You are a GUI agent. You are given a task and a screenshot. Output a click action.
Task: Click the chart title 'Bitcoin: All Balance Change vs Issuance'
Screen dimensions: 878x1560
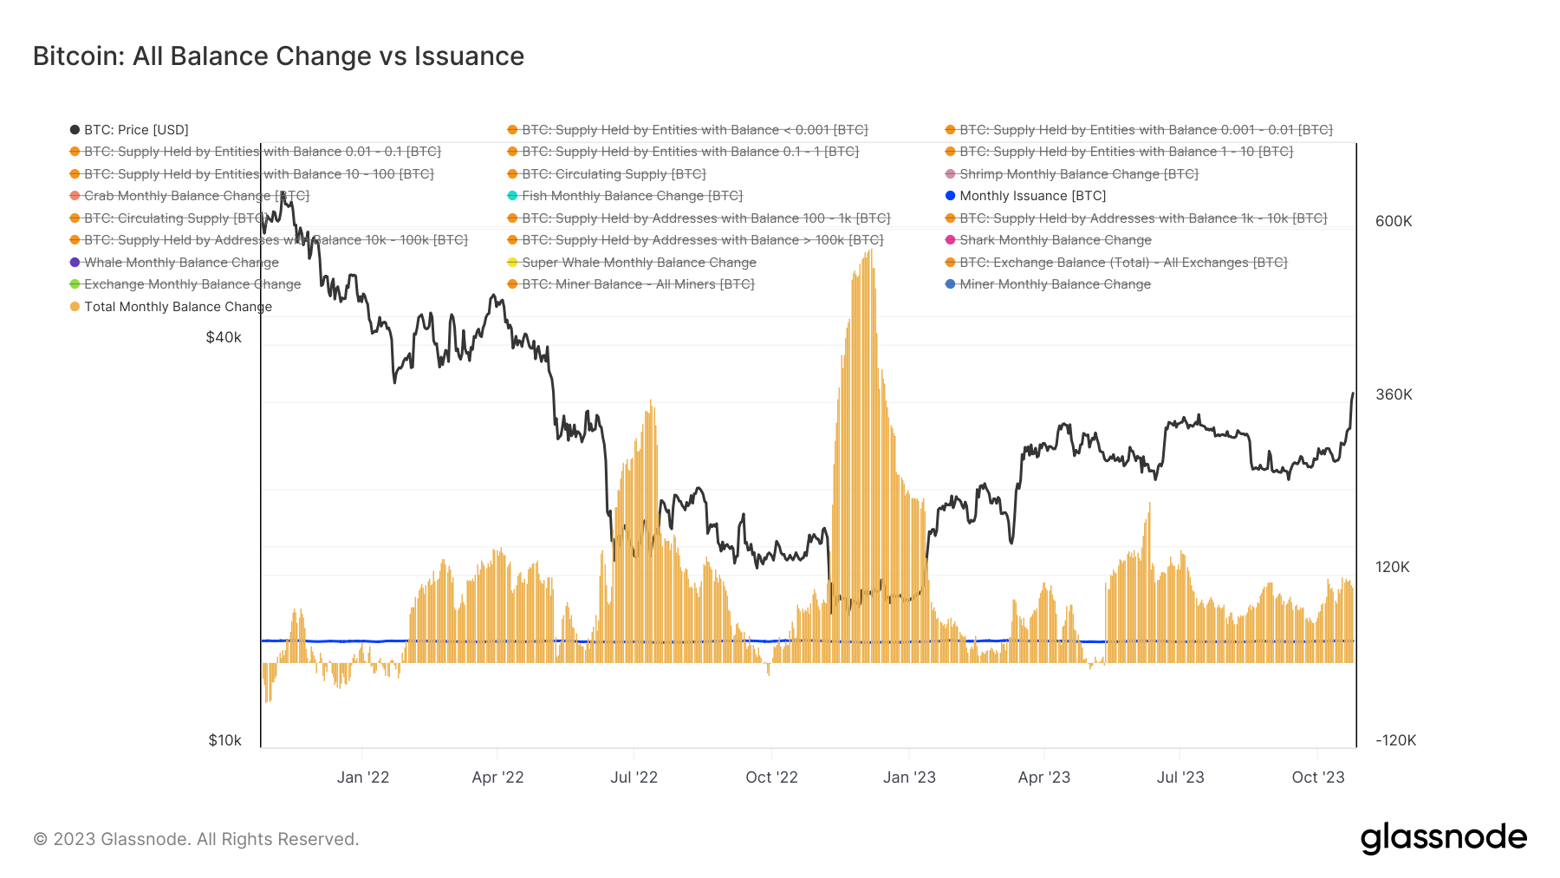pos(278,56)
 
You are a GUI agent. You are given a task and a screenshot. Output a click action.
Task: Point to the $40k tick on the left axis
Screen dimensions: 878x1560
pos(224,337)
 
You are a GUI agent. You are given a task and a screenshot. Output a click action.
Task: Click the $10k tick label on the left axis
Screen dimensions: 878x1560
pos(224,740)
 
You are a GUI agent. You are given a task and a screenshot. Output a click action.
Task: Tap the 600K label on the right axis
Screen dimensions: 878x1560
pos(1394,221)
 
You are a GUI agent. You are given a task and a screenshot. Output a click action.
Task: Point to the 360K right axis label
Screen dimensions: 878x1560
pos(1394,394)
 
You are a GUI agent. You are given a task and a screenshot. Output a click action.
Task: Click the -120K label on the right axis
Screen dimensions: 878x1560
pos(1395,740)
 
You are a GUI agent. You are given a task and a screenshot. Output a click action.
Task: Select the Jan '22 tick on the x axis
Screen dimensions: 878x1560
pos(363,777)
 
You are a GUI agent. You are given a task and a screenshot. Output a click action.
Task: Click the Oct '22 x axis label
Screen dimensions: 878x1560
pos(771,777)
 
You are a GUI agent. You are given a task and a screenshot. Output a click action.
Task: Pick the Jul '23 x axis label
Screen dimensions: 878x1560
pos(1180,777)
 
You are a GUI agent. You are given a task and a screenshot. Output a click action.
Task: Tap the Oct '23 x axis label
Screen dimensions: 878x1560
pos(1317,777)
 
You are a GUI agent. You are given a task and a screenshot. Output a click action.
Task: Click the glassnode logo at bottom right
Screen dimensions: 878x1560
pos(1443,838)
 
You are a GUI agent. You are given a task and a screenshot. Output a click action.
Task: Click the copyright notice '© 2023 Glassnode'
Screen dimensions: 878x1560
pos(196,839)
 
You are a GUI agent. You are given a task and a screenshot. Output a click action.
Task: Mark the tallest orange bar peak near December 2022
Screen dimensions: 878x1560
pos(870,252)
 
